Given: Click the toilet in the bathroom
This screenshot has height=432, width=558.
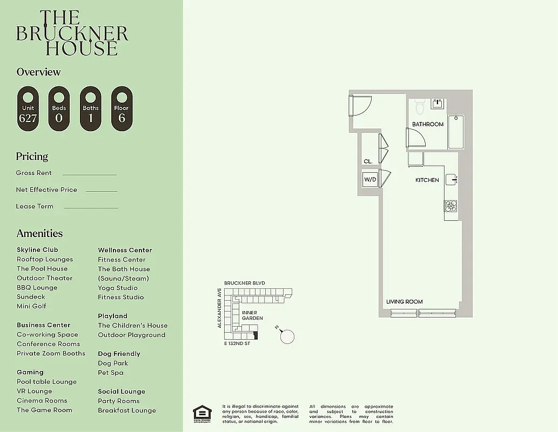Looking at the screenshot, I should click(419, 107).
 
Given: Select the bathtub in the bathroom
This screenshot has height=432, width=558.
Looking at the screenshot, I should click(455, 132).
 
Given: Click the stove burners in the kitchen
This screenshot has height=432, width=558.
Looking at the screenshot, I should click(451, 206).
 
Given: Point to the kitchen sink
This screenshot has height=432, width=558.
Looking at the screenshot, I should click(452, 180).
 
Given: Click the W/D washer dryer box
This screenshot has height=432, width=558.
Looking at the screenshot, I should click(370, 179).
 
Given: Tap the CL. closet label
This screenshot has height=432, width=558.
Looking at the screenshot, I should click(368, 161).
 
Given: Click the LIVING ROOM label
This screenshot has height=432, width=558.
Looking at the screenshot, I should click(404, 301).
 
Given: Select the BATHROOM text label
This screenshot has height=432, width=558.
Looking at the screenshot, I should click(428, 124).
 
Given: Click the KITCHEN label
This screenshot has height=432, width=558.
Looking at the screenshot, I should click(427, 180).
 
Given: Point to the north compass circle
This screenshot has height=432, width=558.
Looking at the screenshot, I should click(288, 336).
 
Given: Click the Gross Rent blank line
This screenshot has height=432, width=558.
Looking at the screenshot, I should click(89, 174).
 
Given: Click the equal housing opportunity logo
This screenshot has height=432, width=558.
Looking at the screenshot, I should click(203, 414).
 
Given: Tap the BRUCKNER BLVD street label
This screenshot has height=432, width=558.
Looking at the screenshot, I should click(245, 283).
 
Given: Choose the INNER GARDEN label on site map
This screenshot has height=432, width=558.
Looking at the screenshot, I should click(252, 315).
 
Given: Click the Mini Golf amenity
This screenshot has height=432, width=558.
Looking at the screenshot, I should click(31, 306).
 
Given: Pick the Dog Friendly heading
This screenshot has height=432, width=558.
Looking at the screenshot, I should click(119, 354).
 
